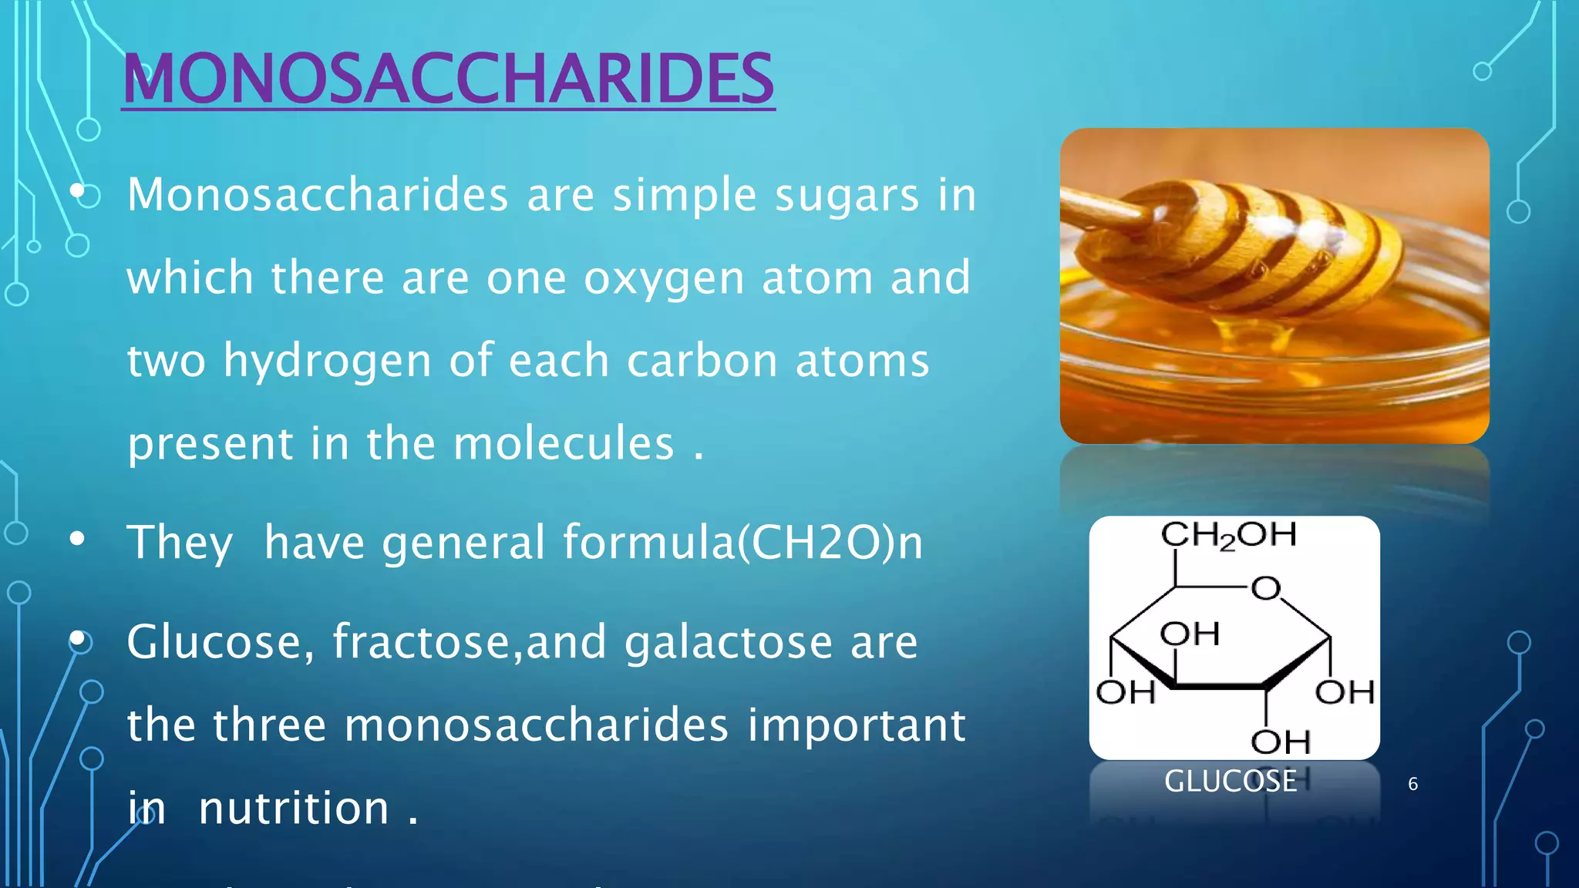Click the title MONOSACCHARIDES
tap(448, 79)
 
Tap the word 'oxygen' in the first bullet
tap(664, 279)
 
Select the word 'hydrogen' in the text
tap(327, 362)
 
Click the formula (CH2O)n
tap(830, 542)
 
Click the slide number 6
tap(1412, 784)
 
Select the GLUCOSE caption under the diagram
tap(1230, 782)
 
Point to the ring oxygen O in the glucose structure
tap(1265, 589)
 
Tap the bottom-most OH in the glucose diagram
tap(1280, 742)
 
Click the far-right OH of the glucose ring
tap(1345, 692)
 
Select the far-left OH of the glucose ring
tap(1126, 692)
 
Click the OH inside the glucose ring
tap(1190, 634)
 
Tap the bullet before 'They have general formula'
tap(76, 540)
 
